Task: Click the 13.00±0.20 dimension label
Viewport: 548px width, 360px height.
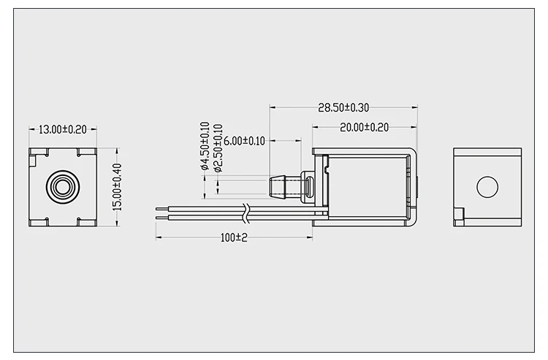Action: tap(63, 129)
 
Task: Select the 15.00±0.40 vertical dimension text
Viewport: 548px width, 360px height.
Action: tap(117, 187)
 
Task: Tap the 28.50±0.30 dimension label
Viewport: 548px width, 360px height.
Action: tap(343, 107)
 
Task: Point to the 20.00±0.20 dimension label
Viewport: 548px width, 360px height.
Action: tap(364, 128)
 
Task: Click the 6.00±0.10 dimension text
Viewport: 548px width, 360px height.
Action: tap(244, 141)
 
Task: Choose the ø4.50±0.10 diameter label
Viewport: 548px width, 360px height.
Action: tap(205, 146)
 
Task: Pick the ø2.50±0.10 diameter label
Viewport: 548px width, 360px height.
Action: tap(218, 148)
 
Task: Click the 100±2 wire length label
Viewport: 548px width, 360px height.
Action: tap(234, 238)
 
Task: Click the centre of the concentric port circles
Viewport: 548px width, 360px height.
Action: tap(63, 187)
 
